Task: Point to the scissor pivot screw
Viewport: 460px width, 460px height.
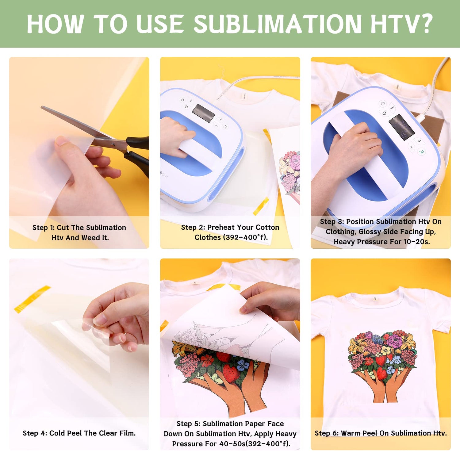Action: tap(113, 143)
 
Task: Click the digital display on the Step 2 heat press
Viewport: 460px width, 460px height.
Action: tap(204, 113)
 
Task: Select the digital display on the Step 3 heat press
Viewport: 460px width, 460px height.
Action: tap(401, 127)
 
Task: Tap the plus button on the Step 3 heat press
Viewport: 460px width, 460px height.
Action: tap(419, 141)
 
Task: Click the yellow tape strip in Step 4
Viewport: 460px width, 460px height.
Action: tap(32, 299)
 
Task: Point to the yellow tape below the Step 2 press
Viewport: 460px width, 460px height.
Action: tap(261, 206)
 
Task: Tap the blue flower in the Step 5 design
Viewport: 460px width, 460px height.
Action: tap(243, 365)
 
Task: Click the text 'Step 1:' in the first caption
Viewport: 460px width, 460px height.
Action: tap(44, 228)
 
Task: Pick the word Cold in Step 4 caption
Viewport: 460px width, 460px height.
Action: tap(57, 433)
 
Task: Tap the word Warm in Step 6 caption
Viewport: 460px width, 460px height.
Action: tap(351, 433)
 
